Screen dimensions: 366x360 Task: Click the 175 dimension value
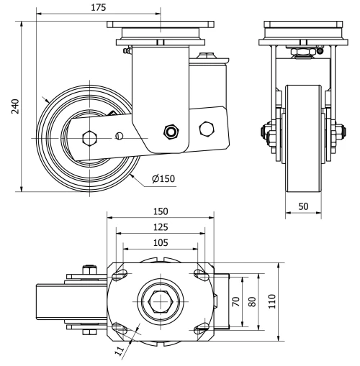99,7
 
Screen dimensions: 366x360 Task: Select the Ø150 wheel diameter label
165,178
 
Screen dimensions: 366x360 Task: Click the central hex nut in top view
160,302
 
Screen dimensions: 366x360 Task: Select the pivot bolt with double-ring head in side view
171,131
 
